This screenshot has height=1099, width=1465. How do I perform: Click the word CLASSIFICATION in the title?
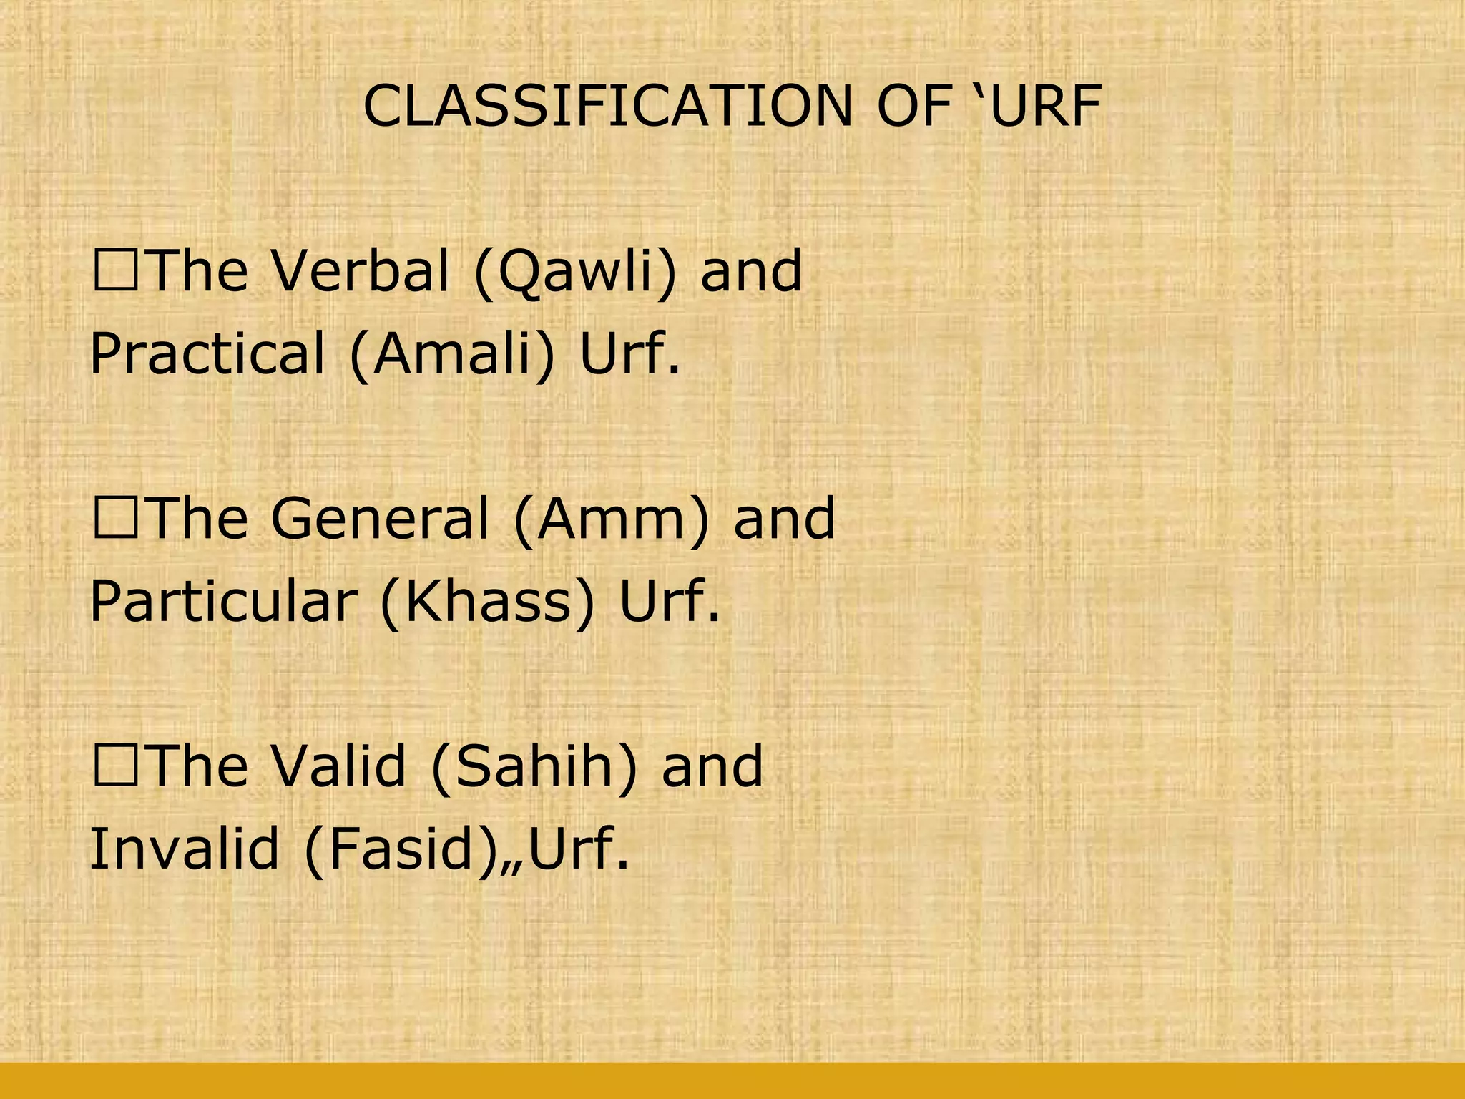click(x=608, y=107)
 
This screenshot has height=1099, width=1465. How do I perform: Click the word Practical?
click(x=207, y=353)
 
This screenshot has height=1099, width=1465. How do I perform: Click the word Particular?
click(x=222, y=601)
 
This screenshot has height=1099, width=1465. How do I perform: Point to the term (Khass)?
click(x=486, y=601)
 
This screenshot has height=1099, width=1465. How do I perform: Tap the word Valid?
click(x=339, y=765)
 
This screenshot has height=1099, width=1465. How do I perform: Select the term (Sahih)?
click(x=534, y=766)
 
